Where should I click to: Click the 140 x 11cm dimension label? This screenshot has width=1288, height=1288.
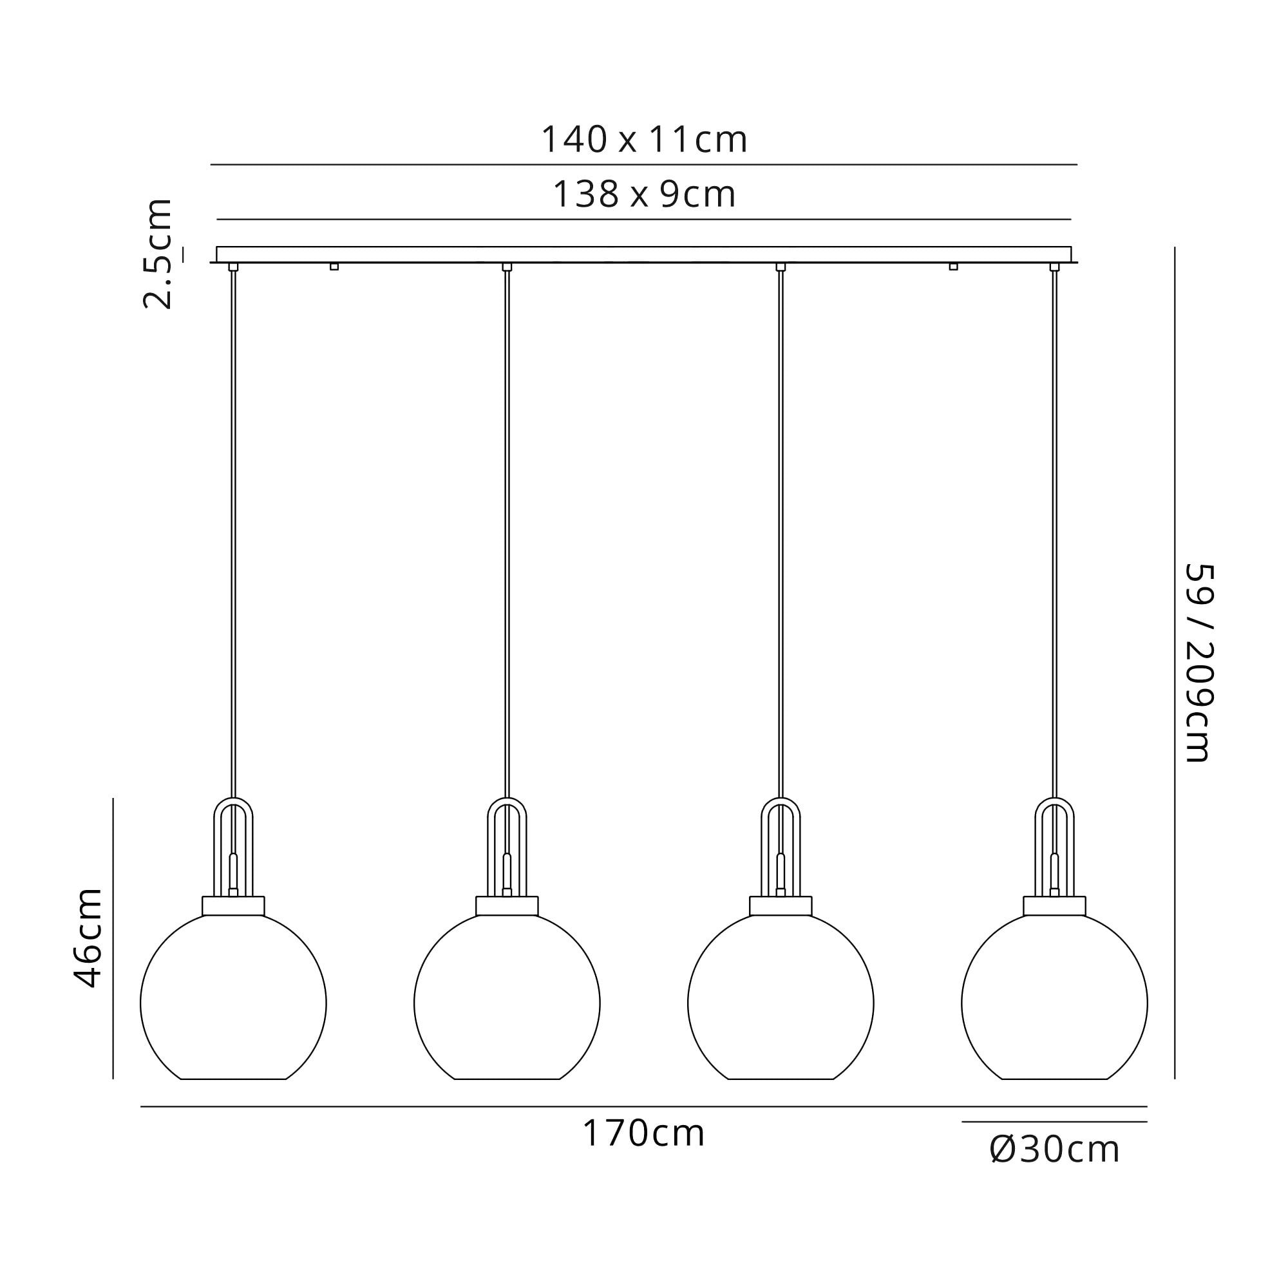click(643, 140)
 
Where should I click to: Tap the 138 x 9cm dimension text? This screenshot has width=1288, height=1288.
click(644, 194)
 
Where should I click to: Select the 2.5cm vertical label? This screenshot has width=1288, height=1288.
click(158, 253)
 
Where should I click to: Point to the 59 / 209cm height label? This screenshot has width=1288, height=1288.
click(1198, 663)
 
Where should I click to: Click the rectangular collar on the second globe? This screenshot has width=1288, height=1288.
click(507, 906)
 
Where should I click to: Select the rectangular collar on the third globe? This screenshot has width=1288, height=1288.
click(781, 906)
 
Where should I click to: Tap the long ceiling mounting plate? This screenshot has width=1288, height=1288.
click(643, 254)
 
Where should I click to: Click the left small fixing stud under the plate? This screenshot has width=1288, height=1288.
click(334, 267)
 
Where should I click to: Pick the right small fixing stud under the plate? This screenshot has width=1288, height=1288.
click(953, 267)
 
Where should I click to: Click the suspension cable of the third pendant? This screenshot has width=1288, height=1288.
click(781, 533)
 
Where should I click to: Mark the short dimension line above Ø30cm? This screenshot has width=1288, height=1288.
click(1054, 1122)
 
